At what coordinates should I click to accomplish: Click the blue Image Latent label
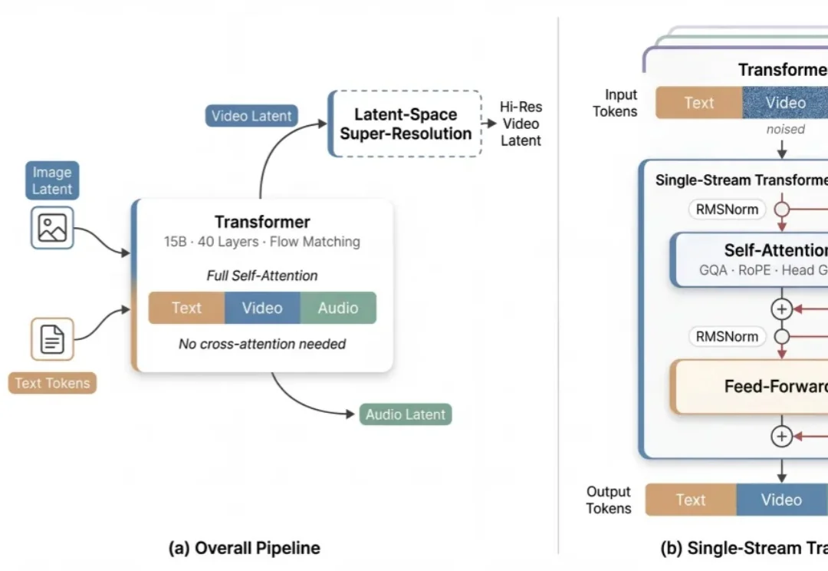[52, 180]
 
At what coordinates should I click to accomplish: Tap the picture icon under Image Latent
[52, 228]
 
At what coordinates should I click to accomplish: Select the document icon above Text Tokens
[52, 338]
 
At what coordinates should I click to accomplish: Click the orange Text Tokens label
[52, 383]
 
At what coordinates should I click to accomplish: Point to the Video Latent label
[251, 116]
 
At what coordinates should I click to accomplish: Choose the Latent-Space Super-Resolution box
[406, 124]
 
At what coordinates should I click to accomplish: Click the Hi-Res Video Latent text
[521, 124]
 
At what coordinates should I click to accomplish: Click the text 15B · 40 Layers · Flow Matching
[262, 242]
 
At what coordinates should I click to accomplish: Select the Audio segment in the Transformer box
[338, 308]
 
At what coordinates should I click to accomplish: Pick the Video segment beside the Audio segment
[262, 308]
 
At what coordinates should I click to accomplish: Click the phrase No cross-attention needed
[262, 344]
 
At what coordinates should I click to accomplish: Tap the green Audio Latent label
[406, 414]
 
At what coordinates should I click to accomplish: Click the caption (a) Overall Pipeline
[244, 548]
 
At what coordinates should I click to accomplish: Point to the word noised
[785, 129]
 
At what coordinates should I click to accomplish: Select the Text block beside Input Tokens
[698, 103]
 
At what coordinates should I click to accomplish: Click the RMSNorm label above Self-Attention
[727, 209]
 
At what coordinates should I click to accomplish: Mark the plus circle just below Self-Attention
[781, 309]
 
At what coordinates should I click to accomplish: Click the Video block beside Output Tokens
[781, 500]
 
